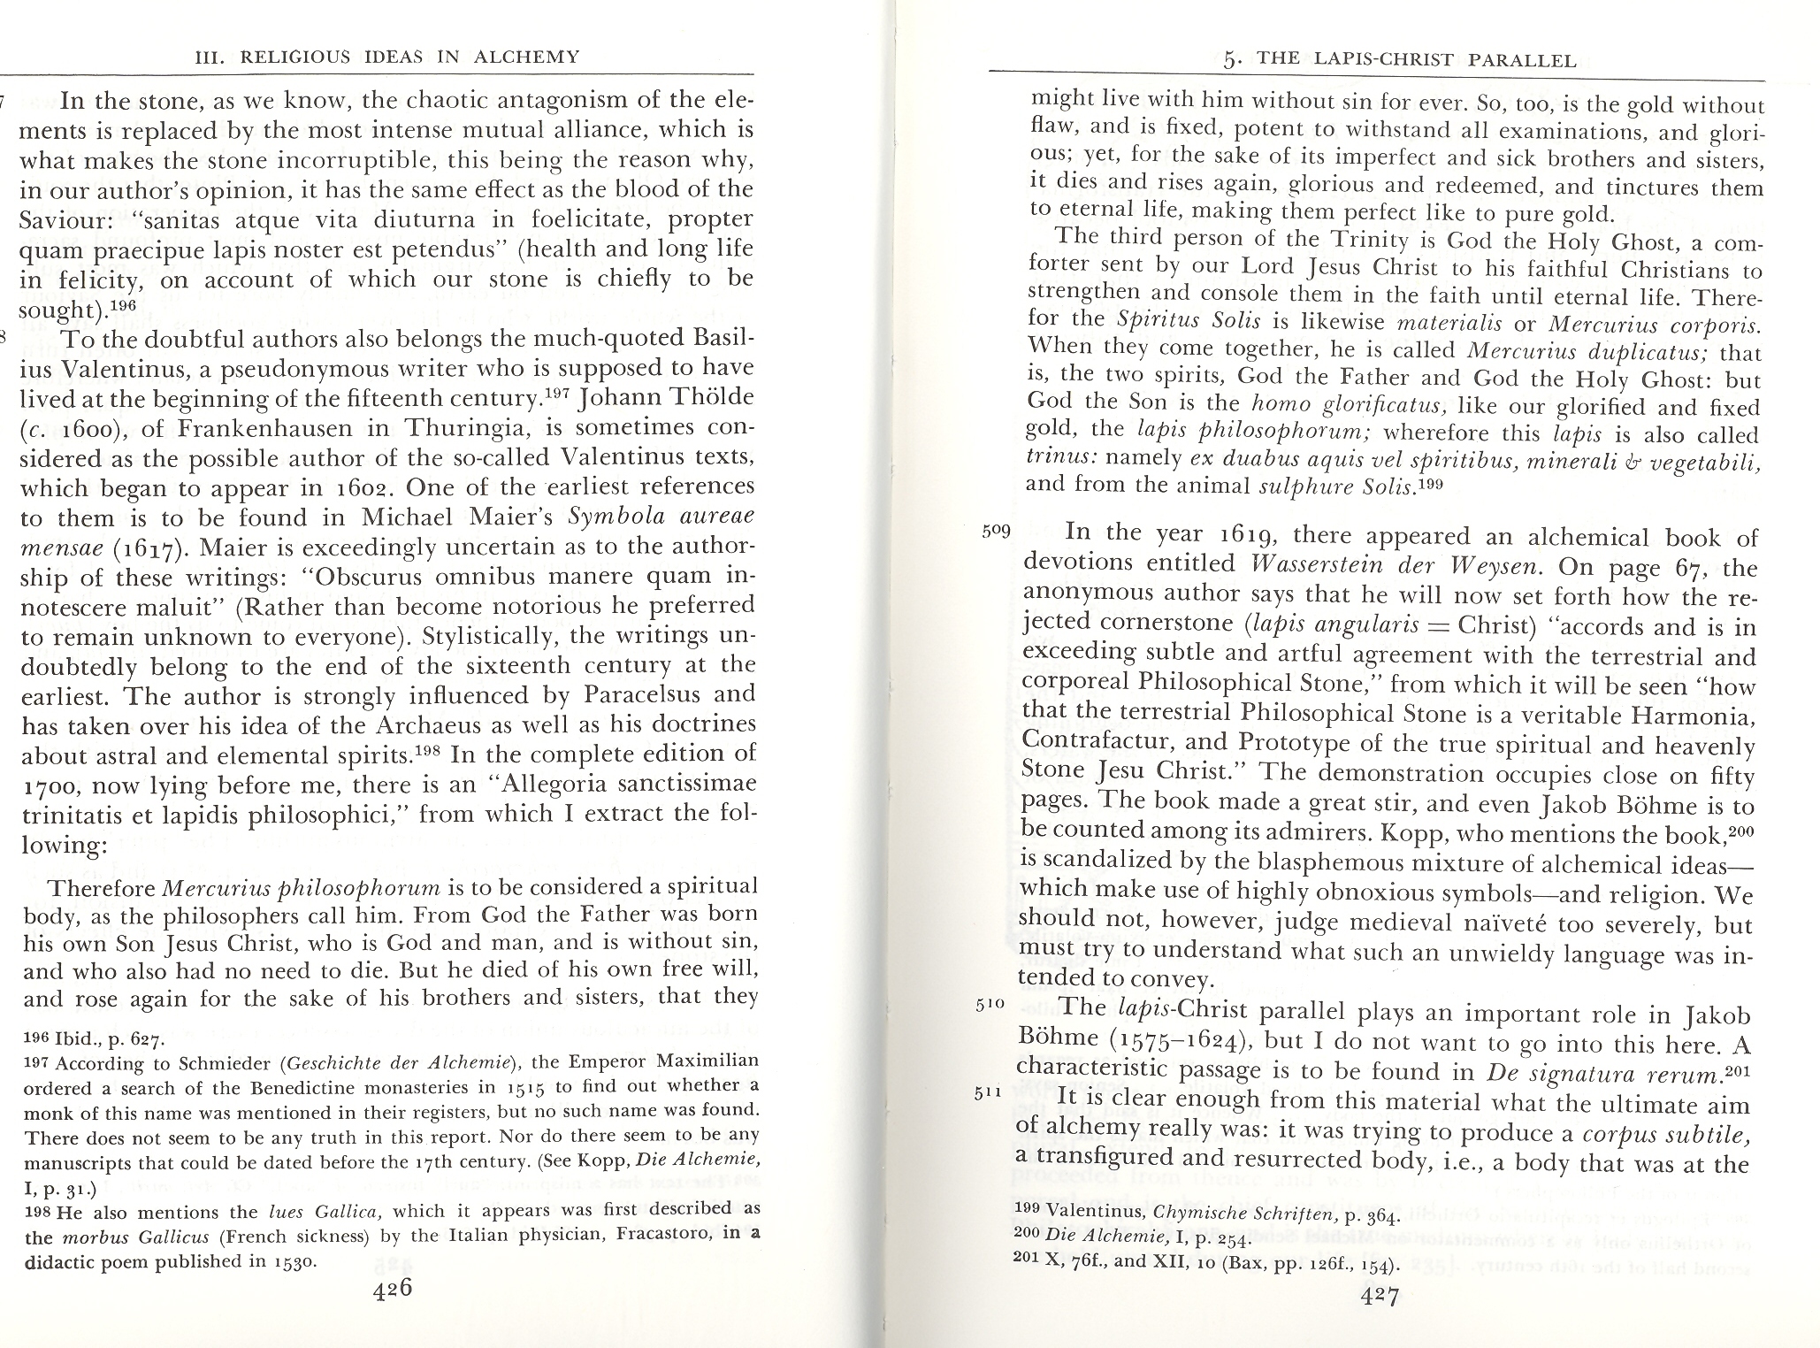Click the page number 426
click(392, 1289)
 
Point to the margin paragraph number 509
click(997, 532)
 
